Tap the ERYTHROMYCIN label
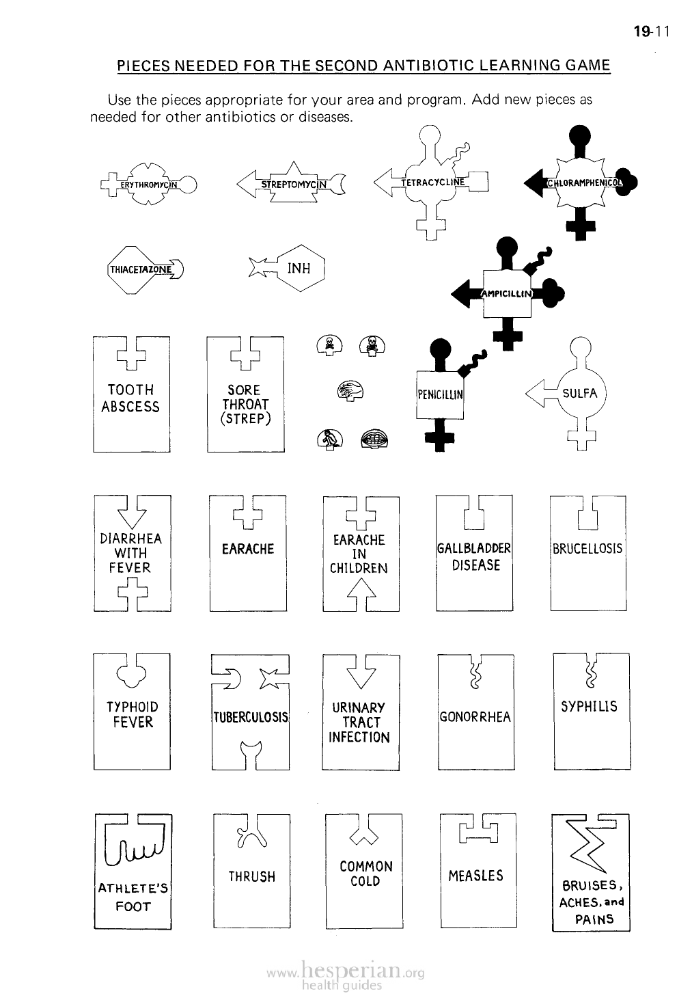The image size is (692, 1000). tap(148, 184)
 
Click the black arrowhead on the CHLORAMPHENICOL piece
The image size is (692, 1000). tap(534, 182)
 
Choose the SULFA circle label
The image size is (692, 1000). tap(580, 393)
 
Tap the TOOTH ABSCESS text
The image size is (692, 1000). tap(130, 398)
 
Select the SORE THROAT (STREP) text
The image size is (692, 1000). tap(245, 404)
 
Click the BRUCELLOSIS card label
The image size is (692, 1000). tap(588, 549)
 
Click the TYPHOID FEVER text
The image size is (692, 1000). tap(133, 714)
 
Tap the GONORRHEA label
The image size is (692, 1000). tap(475, 717)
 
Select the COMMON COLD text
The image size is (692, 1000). tap(365, 874)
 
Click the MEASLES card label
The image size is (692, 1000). tap(475, 876)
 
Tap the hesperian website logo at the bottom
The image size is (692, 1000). tap(346, 974)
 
